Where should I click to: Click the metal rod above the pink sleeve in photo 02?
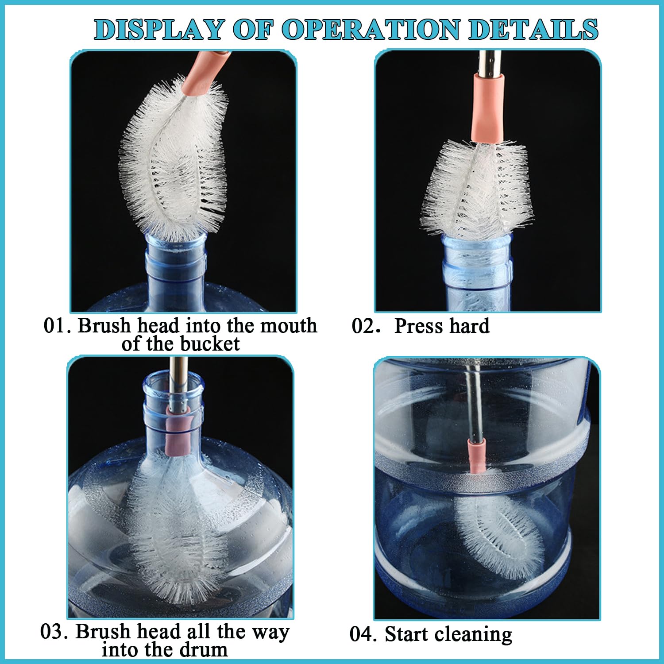pos(489,62)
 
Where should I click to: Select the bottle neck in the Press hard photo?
pos(477,272)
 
